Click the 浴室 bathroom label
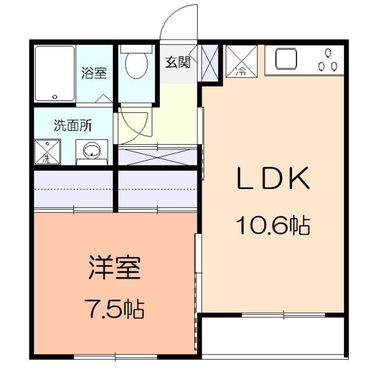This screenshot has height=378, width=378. (94, 73)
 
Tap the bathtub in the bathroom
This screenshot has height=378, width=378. (54, 74)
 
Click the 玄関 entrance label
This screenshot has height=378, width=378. (177, 63)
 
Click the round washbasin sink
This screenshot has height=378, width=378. (91, 152)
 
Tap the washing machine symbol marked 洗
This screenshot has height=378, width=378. (47, 152)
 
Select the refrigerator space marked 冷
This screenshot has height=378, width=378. (241, 61)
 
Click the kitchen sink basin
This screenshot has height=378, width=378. (286, 59)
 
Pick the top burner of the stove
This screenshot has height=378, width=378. (327, 52)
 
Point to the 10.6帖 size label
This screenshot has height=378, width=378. (273, 226)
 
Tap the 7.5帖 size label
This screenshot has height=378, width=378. (115, 309)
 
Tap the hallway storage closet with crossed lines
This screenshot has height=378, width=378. (158, 156)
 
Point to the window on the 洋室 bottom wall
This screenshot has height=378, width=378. (115, 356)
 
